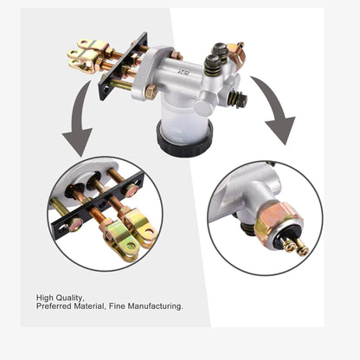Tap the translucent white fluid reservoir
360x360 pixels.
coord(183,121)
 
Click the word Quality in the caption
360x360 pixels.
coord(70,298)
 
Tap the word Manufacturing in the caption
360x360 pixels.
coord(155,306)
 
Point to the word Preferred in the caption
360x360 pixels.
coord(54,306)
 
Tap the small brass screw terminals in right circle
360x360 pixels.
coord(296,246)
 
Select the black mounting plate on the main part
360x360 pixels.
coord(124,67)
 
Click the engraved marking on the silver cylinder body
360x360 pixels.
coord(182,71)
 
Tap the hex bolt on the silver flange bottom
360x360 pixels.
coord(151,93)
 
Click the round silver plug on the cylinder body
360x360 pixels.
coord(203,107)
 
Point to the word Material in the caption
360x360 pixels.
coord(89,306)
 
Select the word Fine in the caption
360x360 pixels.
coord(117,306)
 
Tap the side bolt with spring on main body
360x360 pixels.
coord(237,100)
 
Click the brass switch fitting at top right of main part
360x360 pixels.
coord(236,54)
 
